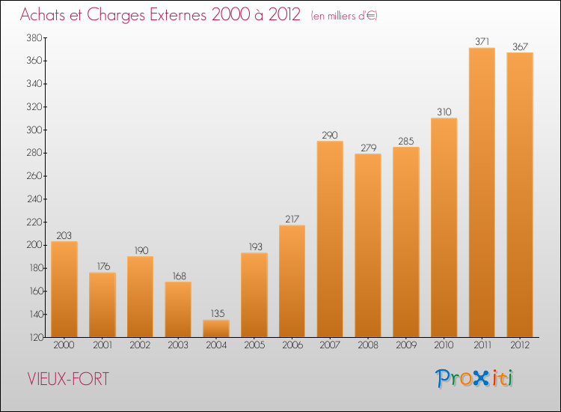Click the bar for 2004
216,328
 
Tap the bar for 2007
330,239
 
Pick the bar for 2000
64,289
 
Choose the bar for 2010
444,228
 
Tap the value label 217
292,219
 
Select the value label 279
368,148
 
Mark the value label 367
520,46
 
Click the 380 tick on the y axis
34,37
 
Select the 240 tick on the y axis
34,199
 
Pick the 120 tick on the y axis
34,338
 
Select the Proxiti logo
475,378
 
